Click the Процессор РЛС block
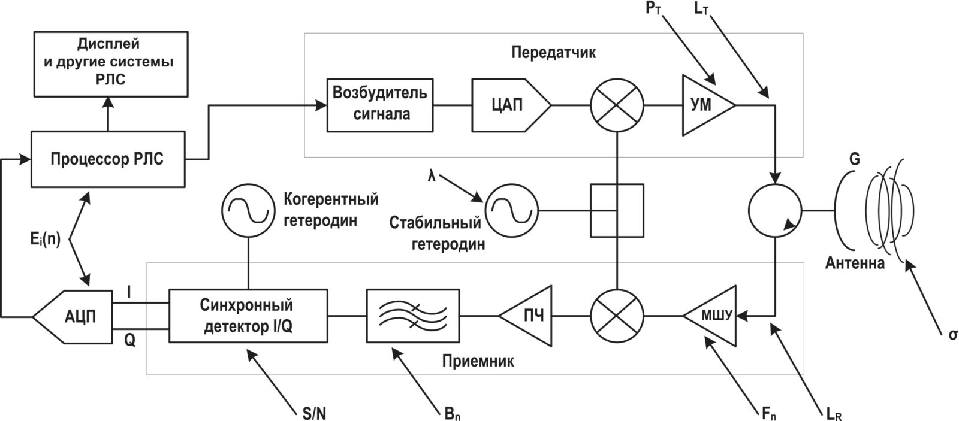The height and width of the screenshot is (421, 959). click(x=107, y=160)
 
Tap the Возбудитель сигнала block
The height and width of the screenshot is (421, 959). click(x=379, y=105)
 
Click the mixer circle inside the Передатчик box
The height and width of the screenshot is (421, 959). click(x=617, y=105)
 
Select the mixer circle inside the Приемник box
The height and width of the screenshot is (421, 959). click(x=617, y=316)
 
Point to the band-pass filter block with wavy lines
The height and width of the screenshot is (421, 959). click(x=413, y=316)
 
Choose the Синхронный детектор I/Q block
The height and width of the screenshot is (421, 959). click(x=248, y=316)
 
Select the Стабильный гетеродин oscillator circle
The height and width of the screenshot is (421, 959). click(x=511, y=210)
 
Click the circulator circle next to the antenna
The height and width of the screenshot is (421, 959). click(x=776, y=211)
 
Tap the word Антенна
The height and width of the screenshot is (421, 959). click(x=855, y=263)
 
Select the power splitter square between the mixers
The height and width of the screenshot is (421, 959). click(x=617, y=210)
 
